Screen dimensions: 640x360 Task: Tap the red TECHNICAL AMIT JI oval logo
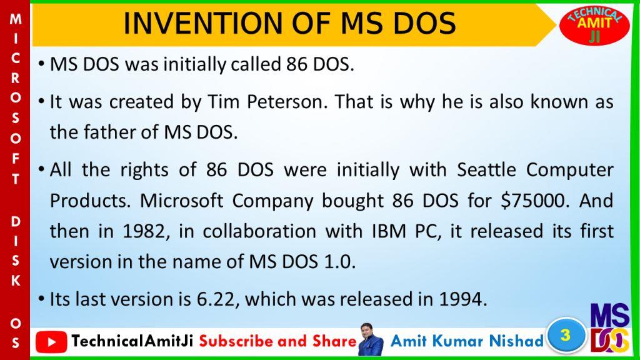tap(594, 25)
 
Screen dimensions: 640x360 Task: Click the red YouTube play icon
tap(51, 342)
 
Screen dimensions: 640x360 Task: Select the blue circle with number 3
tap(566, 336)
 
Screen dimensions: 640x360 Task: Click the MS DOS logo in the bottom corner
tap(610, 327)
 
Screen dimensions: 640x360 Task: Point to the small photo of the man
tap(371, 339)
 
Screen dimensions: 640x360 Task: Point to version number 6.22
tap(216, 300)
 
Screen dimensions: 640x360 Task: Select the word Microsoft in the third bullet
tap(181, 201)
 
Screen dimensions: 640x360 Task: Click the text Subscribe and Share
tap(278, 341)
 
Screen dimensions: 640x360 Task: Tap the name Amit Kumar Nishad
tap(467, 341)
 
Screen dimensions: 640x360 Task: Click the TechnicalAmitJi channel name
tap(132, 341)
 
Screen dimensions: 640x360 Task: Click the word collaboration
tap(259, 231)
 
